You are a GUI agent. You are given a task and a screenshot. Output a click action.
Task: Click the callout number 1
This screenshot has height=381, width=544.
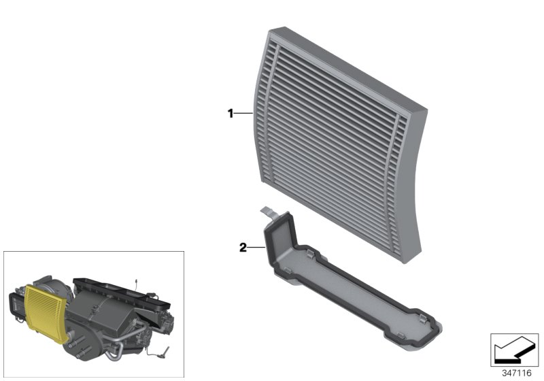tap(231, 114)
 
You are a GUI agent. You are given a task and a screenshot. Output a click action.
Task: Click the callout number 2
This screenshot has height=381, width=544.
tap(242, 248)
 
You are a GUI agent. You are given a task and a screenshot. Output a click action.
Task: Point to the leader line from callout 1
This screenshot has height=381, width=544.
tap(243, 114)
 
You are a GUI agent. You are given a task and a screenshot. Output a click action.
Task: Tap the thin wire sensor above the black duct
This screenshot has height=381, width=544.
tap(135, 282)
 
